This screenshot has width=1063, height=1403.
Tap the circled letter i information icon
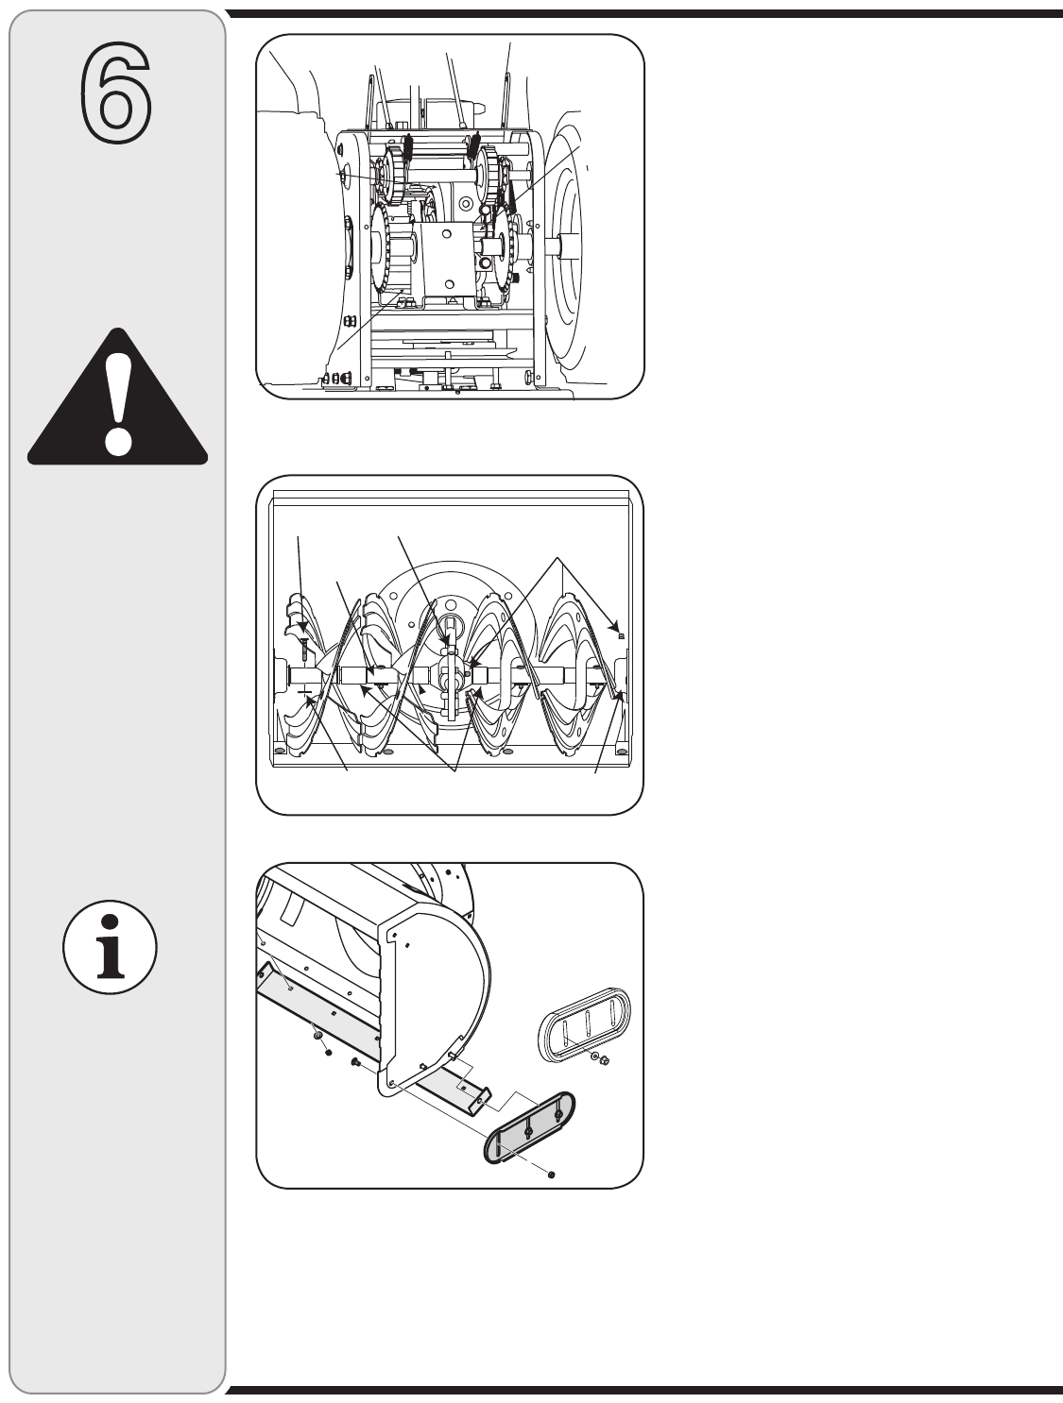111,947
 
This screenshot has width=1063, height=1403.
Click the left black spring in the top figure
409,146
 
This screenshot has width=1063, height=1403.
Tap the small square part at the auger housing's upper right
621,636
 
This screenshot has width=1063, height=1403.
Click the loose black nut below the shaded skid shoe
551,1174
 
